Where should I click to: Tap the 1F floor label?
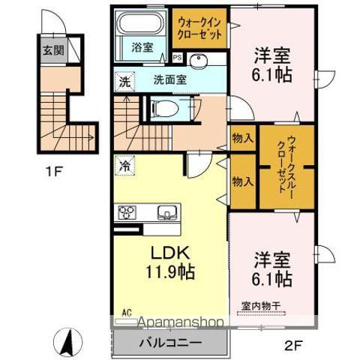(x=53, y=171)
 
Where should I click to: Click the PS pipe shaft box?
(x=177, y=57)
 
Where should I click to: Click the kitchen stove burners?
(x=124, y=212)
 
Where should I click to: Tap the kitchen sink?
(x=164, y=212)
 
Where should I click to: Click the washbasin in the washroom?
(x=199, y=62)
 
